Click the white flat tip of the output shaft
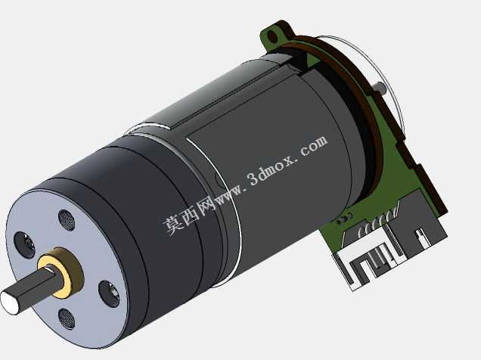(x=9, y=302)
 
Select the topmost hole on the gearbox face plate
(x=67, y=220)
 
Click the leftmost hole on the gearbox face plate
(x=24, y=245)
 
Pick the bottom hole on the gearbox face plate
(x=67, y=318)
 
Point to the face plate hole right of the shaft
(x=109, y=293)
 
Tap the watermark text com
(x=314, y=146)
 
